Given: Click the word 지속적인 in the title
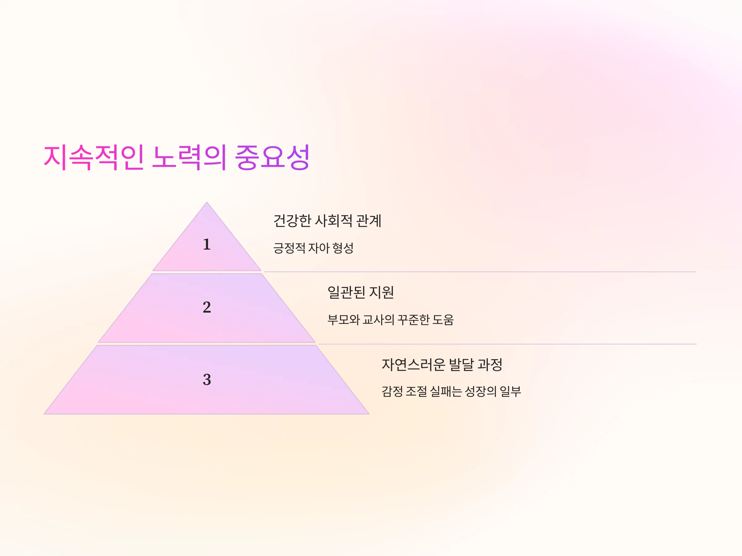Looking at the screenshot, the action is tap(94, 157).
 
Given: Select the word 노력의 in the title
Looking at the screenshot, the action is tap(189, 157).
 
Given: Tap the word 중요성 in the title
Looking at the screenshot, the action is tap(272, 157).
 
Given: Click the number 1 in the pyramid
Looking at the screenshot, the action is tap(207, 244).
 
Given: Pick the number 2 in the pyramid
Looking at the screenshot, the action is tap(207, 307).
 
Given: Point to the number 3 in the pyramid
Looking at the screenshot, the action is tap(207, 379).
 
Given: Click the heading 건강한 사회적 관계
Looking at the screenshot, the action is tap(327, 221).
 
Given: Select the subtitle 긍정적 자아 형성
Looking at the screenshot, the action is tap(313, 248).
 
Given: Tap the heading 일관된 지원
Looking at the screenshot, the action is tap(360, 292).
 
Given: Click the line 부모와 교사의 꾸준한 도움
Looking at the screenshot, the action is tap(390, 320).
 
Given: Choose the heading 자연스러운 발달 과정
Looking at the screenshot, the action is tap(442, 364).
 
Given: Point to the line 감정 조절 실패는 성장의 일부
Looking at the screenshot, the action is tap(451, 391).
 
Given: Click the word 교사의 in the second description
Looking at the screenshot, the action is tap(378, 320).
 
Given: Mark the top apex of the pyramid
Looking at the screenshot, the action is tap(207, 202).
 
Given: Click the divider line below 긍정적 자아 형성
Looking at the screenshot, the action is tap(480, 272).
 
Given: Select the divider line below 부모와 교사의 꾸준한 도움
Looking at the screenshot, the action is tap(507, 344).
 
